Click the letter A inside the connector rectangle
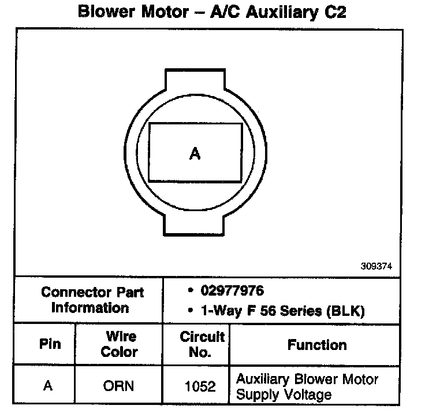point(195,153)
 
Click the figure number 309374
point(377,267)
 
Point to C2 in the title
point(334,12)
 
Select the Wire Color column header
point(120,344)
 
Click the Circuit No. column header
point(202,344)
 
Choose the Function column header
point(317,345)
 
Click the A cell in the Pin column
point(48,385)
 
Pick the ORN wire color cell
point(118,386)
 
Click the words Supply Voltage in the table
point(284,395)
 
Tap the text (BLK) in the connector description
point(346,311)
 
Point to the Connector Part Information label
point(92,300)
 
